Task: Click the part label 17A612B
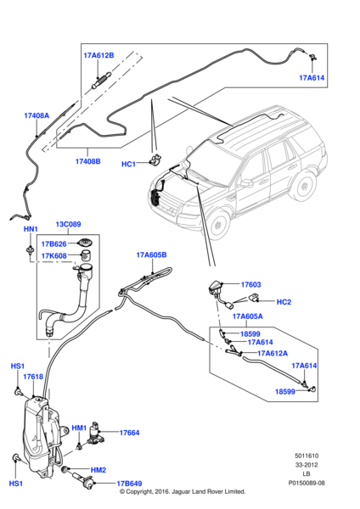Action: point(98,55)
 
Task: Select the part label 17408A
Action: point(37,115)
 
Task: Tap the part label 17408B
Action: point(87,160)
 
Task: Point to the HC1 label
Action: point(129,164)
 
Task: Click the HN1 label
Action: point(29,230)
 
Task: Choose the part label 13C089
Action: point(68,226)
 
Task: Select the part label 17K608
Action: point(54,255)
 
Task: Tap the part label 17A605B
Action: point(151,254)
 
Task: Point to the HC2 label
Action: point(284,301)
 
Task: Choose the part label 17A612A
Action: point(273,353)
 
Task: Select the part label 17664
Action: point(128,433)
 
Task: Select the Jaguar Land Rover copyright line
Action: point(183,491)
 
